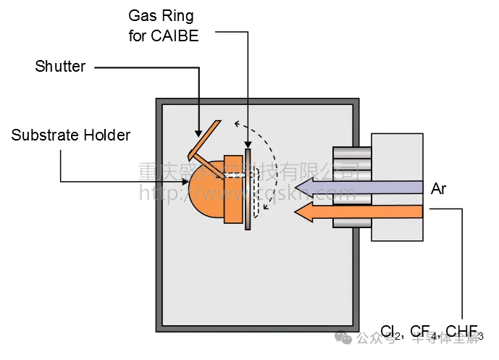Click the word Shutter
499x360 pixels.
point(60,67)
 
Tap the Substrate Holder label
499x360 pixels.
point(71,135)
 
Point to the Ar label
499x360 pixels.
point(439,189)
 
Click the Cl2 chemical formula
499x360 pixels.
point(391,332)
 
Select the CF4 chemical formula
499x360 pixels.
point(424,332)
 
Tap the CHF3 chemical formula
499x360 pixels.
point(464,332)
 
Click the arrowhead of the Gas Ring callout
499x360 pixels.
point(248,146)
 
